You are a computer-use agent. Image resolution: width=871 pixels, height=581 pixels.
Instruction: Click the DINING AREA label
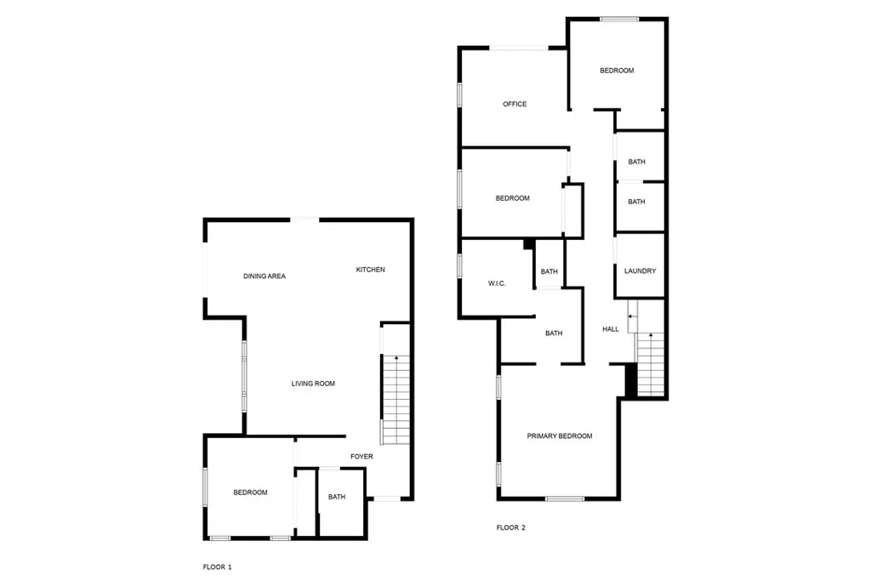265,276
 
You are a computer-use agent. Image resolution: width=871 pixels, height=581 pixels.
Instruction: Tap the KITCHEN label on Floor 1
370,270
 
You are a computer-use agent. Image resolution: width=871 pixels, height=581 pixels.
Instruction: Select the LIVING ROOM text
313,384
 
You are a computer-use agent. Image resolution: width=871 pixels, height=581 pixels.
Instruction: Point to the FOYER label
361,457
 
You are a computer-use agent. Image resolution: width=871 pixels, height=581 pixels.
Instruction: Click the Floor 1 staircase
395,400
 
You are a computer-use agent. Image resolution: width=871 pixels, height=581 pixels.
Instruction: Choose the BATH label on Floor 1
337,498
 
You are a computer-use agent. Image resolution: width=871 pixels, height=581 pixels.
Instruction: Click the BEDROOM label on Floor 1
251,493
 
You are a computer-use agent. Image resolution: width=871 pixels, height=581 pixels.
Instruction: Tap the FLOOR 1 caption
217,566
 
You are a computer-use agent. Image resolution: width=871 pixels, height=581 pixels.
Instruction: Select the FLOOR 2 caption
511,527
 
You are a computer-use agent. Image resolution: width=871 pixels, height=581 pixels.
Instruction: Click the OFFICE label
515,105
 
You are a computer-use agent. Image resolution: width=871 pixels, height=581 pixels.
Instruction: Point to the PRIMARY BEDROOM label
560,436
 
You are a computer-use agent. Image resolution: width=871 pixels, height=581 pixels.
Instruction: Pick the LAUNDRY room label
640,271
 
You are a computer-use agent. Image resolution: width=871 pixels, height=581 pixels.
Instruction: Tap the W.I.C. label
498,283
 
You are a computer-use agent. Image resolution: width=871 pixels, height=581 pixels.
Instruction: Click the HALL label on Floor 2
611,329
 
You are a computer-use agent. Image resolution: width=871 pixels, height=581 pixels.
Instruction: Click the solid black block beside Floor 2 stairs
630,379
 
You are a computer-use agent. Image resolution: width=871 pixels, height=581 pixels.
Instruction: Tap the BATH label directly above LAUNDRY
636,202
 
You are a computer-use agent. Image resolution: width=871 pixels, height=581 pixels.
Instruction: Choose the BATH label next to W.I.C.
549,272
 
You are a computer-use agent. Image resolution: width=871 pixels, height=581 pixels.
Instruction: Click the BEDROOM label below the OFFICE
513,198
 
